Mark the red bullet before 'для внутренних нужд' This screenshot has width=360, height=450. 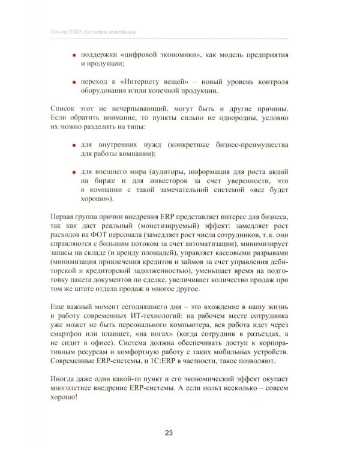point(73,145)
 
